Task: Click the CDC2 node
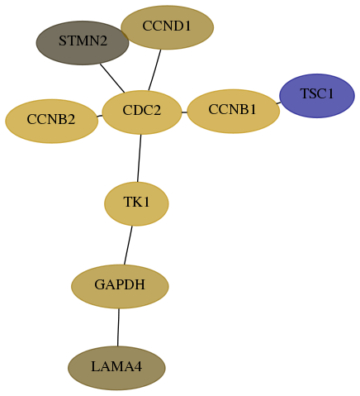(142, 112)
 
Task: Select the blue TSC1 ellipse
(317, 96)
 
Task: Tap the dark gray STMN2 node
(83, 43)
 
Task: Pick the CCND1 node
(167, 27)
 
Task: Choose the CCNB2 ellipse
(51, 121)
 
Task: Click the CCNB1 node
(234, 111)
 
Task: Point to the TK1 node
(136, 203)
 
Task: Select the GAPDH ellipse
(120, 286)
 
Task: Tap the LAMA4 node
(116, 368)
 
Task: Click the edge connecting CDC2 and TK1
(139, 158)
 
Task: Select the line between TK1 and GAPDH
(128, 246)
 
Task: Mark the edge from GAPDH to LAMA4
(118, 327)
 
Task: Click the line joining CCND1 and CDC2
(154, 70)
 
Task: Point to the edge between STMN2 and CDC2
(112, 79)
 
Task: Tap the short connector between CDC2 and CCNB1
(184, 112)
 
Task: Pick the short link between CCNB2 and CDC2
(100, 116)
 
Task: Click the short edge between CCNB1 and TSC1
(278, 103)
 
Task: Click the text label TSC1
(317, 93)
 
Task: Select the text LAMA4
(116, 366)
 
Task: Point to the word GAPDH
(120, 284)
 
